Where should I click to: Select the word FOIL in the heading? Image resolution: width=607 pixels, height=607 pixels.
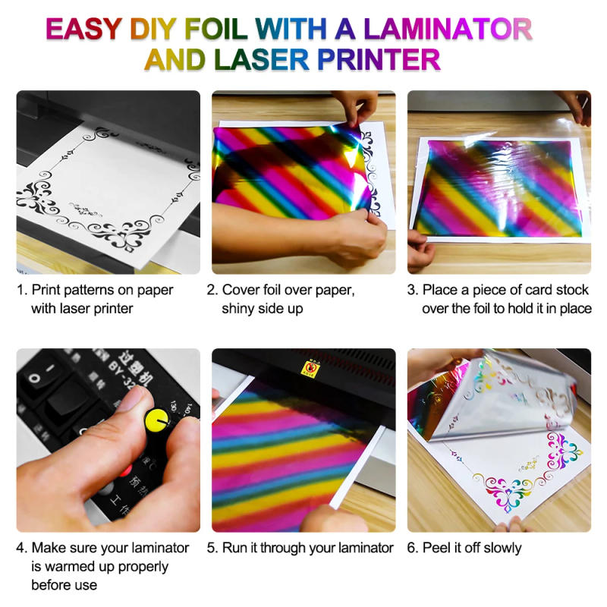coord(218,29)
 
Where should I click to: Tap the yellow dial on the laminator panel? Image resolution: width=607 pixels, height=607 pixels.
coord(157,417)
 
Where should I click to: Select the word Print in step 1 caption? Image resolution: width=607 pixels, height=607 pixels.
coord(47,290)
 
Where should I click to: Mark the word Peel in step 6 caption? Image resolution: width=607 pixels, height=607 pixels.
coord(436,548)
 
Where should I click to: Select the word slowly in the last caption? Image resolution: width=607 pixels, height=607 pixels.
coord(501,548)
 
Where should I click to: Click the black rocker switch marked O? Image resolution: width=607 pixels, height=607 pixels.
coord(34,376)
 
